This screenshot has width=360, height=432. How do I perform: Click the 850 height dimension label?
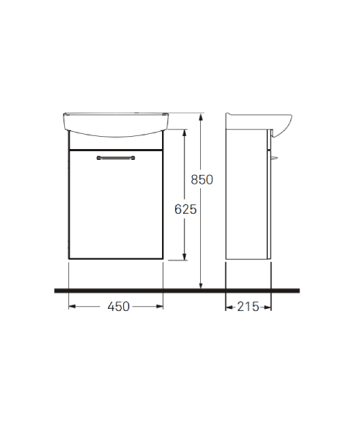click(x=202, y=179)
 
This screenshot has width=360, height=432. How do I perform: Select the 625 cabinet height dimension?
click(x=185, y=210)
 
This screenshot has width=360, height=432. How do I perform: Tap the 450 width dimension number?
click(x=118, y=307)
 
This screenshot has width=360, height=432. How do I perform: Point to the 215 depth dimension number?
click(x=248, y=307)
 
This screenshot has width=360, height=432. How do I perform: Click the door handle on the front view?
click(x=116, y=158)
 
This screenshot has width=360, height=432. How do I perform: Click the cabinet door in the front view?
click(x=116, y=204)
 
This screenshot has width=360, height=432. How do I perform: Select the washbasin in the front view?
click(x=116, y=125)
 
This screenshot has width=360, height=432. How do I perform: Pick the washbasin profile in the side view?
click(x=259, y=125)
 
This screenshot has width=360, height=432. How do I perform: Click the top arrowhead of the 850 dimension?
click(x=201, y=117)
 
